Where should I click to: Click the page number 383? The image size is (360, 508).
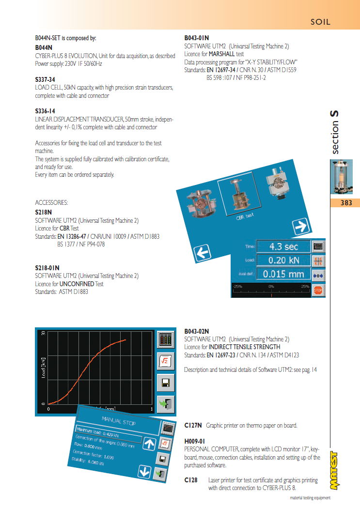[346, 203]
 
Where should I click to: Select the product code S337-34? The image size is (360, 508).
[45, 79]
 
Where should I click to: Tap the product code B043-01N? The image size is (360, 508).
[197, 38]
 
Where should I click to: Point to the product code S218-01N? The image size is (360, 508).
[47, 268]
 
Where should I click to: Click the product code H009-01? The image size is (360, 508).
[195, 441]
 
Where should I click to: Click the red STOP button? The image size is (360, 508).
[318, 290]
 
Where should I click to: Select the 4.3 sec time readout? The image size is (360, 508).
[283, 246]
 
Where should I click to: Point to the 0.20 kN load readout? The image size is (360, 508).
[283, 261]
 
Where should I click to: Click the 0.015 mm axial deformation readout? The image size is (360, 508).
[283, 274]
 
